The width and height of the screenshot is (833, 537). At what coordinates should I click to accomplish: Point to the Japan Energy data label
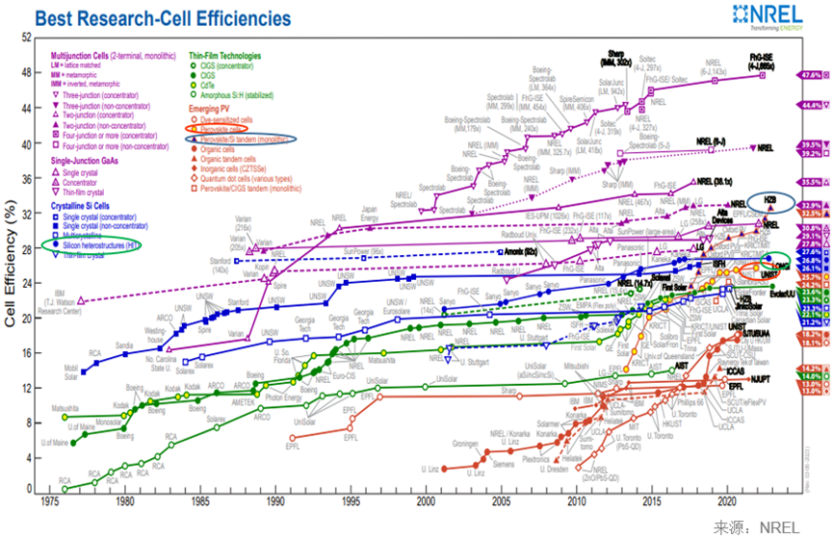coord(371,213)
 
